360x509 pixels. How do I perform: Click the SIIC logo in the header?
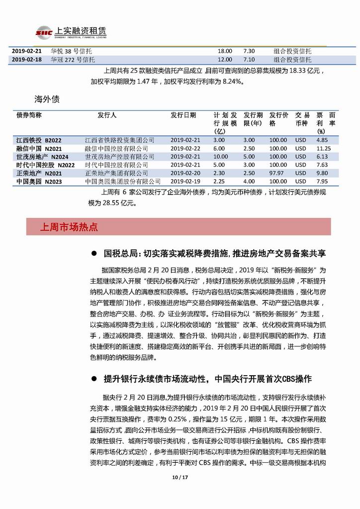click(44, 33)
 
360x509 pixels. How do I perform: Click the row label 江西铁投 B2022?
click(38, 140)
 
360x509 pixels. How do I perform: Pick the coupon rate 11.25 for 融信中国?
click(324, 148)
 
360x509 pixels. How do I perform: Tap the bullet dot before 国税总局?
click(93, 254)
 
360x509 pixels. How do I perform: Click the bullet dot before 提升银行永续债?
click(93, 380)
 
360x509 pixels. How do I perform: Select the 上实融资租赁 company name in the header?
click(82, 31)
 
